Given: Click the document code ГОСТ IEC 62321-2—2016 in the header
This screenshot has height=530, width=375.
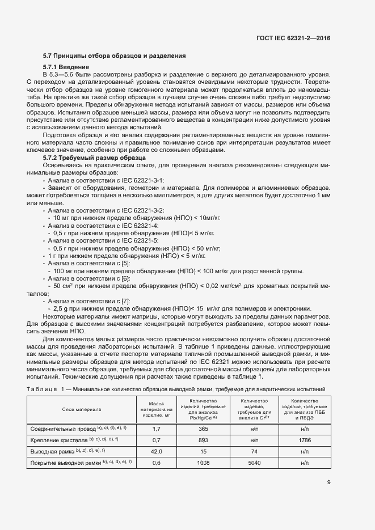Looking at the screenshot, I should point(293,38).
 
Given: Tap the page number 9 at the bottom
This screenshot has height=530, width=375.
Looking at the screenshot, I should point(329,482).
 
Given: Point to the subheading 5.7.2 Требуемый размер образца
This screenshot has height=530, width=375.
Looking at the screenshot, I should point(95,157).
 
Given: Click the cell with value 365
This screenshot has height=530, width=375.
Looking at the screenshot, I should point(203,429).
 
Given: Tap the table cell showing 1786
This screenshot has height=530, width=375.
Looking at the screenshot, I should point(305,440).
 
